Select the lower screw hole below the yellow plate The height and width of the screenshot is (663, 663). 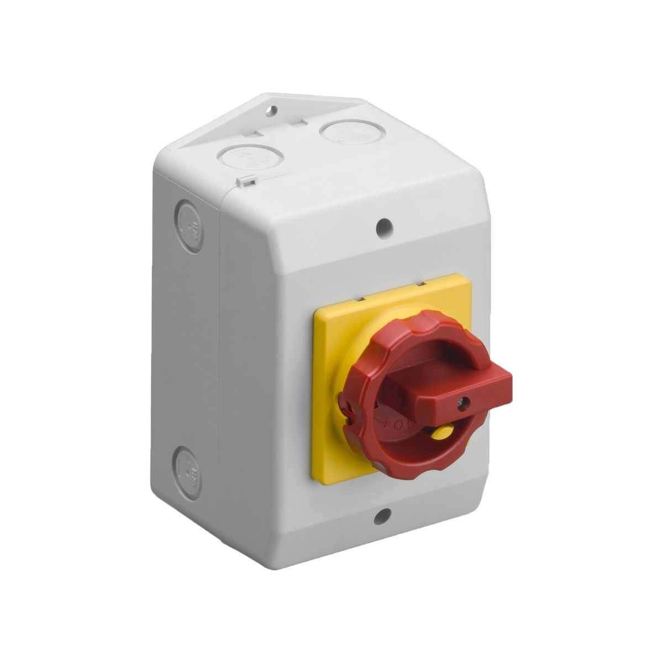pyautogui.click(x=381, y=518)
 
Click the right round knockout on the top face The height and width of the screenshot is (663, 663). pyautogui.click(x=341, y=133)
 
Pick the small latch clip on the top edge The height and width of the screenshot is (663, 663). pyautogui.click(x=246, y=181)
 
